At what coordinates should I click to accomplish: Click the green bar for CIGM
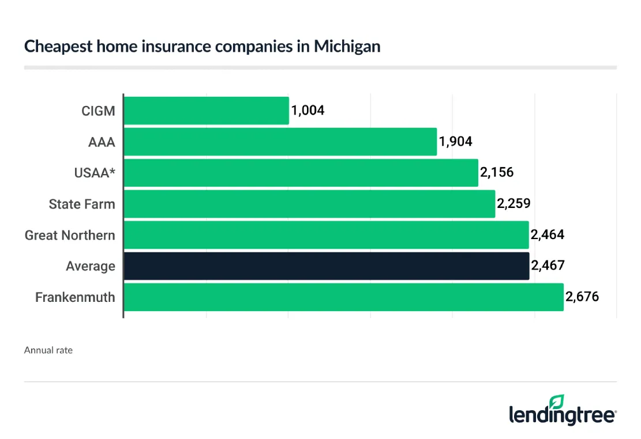coord(207,111)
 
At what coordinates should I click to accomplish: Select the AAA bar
coord(280,142)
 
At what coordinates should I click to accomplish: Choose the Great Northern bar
coord(327,235)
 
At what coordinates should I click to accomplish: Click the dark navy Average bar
coord(327,266)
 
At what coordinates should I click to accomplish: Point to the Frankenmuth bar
coord(344,297)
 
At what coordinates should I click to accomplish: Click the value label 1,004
coord(308,110)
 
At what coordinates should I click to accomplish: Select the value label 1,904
coord(456,141)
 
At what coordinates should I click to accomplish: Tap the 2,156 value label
coord(497,172)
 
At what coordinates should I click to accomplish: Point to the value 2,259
coord(513,203)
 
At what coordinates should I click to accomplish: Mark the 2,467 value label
coord(548,266)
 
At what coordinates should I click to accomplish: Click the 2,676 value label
coord(582,297)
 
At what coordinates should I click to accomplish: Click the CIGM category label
coord(98,111)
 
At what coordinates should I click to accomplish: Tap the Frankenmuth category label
coord(75,297)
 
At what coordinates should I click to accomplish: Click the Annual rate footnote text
coord(48,350)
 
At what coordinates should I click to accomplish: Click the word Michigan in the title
coord(347,47)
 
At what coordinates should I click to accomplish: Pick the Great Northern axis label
coord(70,235)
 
